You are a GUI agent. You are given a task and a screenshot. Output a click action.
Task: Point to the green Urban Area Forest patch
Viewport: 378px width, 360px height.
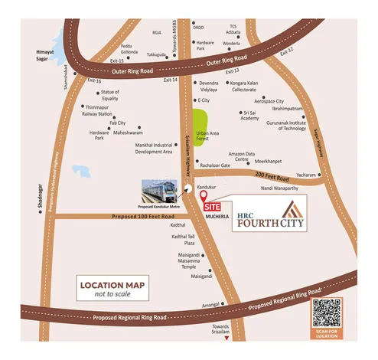click(202, 129)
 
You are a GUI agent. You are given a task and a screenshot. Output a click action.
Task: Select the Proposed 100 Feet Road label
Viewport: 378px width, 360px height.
click(116, 217)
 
